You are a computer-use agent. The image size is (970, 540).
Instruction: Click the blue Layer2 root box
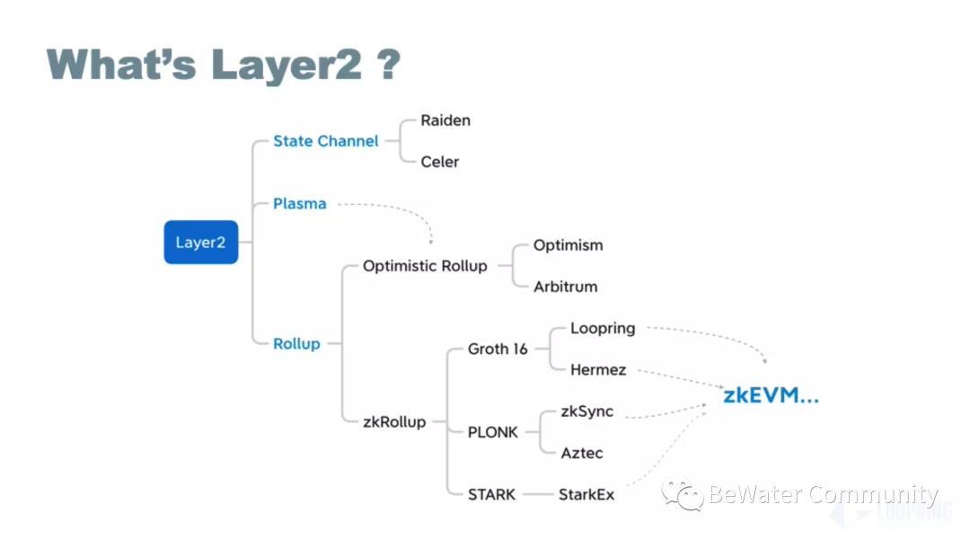click(x=200, y=243)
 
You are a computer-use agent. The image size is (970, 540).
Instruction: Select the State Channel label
click(x=326, y=141)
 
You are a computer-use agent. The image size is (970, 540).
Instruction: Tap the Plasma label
click(x=300, y=204)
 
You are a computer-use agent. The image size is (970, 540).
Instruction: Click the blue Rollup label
click(x=296, y=343)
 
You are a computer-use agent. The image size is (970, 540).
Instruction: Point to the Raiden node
click(x=445, y=120)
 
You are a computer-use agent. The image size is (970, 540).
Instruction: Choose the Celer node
click(x=440, y=162)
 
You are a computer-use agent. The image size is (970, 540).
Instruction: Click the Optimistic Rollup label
click(x=425, y=266)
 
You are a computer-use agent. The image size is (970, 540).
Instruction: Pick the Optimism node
click(x=568, y=245)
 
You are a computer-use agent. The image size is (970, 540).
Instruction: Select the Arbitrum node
click(x=565, y=287)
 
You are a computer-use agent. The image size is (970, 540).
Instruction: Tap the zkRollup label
click(x=394, y=421)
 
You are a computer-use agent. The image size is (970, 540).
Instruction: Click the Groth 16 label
click(x=498, y=349)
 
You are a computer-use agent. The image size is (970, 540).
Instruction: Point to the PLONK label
click(x=493, y=432)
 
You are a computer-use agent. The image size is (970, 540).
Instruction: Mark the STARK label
click(x=492, y=494)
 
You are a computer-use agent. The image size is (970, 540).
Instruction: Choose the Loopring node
click(x=603, y=328)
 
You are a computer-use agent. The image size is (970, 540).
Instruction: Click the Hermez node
click(x=598, y=369)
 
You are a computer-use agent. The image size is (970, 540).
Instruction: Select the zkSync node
click(x=587, y=412)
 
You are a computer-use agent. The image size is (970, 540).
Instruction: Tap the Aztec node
click(x=581, y=453)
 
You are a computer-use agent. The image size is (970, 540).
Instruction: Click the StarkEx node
click(x=586, y=494)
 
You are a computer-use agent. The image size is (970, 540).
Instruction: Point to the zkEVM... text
click(x=771, y=396)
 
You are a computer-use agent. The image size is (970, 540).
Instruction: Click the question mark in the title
click(x=387, y=66)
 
